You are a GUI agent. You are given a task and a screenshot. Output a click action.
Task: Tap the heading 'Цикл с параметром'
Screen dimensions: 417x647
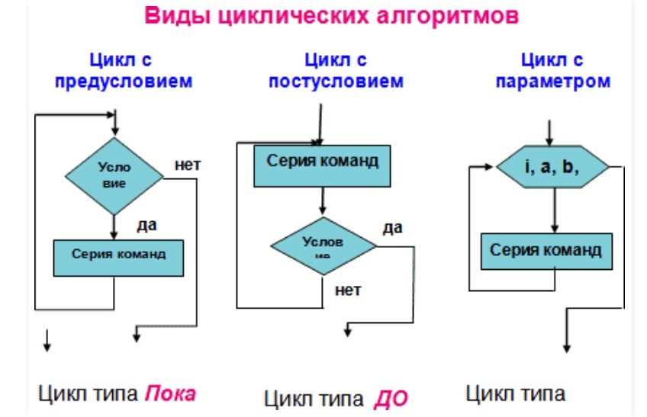tap(553, 70)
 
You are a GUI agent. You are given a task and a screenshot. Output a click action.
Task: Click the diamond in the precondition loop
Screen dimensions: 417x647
tap(114, 176)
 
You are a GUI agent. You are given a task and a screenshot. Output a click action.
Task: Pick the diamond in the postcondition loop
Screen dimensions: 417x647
tap(323, 245)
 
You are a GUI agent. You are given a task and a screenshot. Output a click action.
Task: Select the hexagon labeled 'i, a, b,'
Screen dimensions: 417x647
tap(553, 166)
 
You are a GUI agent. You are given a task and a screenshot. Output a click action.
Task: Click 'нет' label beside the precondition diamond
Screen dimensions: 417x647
tap(187, 164)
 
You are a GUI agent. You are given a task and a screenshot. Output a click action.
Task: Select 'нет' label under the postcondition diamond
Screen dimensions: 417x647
tap(347, 290)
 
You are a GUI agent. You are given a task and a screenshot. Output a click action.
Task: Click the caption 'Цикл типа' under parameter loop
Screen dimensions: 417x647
tap(515, 393)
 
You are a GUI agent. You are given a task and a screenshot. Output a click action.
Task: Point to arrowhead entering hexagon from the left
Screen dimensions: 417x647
tap(491, 165)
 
